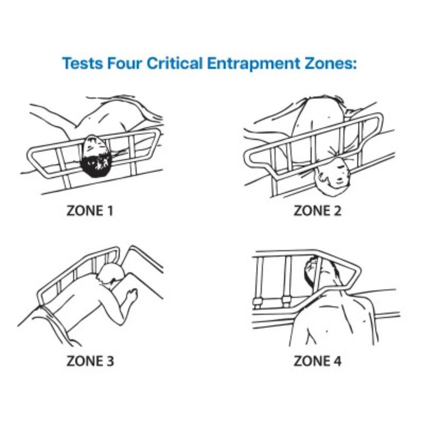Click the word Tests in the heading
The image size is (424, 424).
pyautogui.click(x=83, y=63)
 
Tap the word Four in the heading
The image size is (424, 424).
pyautogui.click(x=125, y=63)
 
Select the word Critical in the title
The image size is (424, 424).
pyautogui.click(x=174, y=63)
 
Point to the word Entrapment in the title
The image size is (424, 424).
pyautogui.click(x=254, y=64)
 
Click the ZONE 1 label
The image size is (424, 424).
pyautogui.click(x=90, y=211)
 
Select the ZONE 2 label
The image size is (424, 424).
pyautogui.click(x=317, y=211)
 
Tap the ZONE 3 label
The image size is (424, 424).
pyautogui.click(x=90, y=361)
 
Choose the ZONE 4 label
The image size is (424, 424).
pyautogui.click(x=317, y=361)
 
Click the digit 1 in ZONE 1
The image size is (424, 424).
pyautogui.click(x=110, y=211)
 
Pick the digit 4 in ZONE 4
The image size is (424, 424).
pyautogui.click(x=337, y=361)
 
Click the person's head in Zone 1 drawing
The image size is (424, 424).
pyautogui.click(x=96, y=156)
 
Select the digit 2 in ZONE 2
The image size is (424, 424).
pyautogui.click(x=337, y=211)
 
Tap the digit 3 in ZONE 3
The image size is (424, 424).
pyautogui.click(x=110, y=361)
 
